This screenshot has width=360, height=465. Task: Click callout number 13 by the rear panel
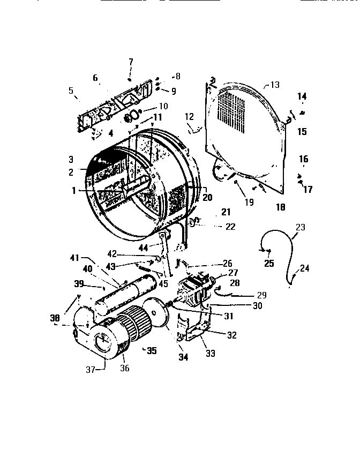275,85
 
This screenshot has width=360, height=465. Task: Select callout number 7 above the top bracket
131,62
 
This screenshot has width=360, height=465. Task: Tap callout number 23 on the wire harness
299,227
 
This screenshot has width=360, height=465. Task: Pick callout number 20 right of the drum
207,197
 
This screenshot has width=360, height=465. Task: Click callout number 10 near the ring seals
163,107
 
